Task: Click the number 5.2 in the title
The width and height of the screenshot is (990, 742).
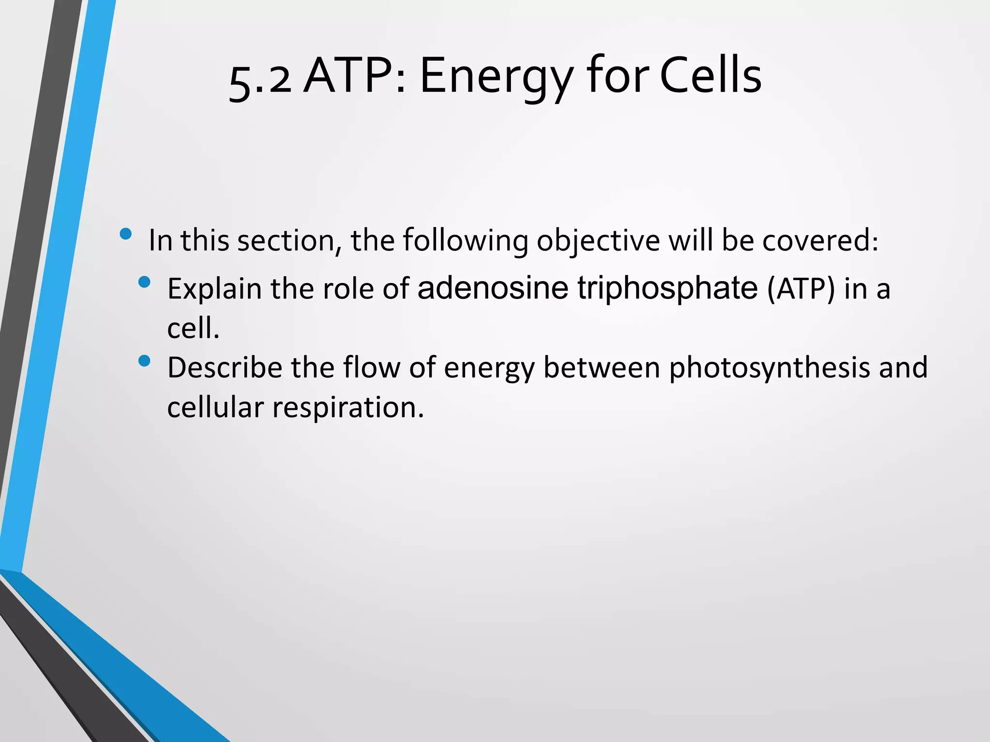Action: click(x=260, y=80)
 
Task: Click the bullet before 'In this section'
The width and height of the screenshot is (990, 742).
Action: click(x=126, y=234)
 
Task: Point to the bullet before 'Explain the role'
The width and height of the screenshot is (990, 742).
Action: click(x=144, y=282)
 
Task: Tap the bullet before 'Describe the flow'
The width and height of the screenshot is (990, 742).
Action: click(x=144, y=361)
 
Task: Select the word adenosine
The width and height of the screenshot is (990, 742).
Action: click(x=493, y=288)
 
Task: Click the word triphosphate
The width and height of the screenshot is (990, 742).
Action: click(x=668, y=289)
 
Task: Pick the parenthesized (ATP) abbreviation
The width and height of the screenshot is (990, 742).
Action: click(x=801, y=289)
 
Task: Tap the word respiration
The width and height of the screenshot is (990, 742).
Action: click(x=348, y=408)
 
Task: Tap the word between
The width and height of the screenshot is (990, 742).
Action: click(x=601, y=368)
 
